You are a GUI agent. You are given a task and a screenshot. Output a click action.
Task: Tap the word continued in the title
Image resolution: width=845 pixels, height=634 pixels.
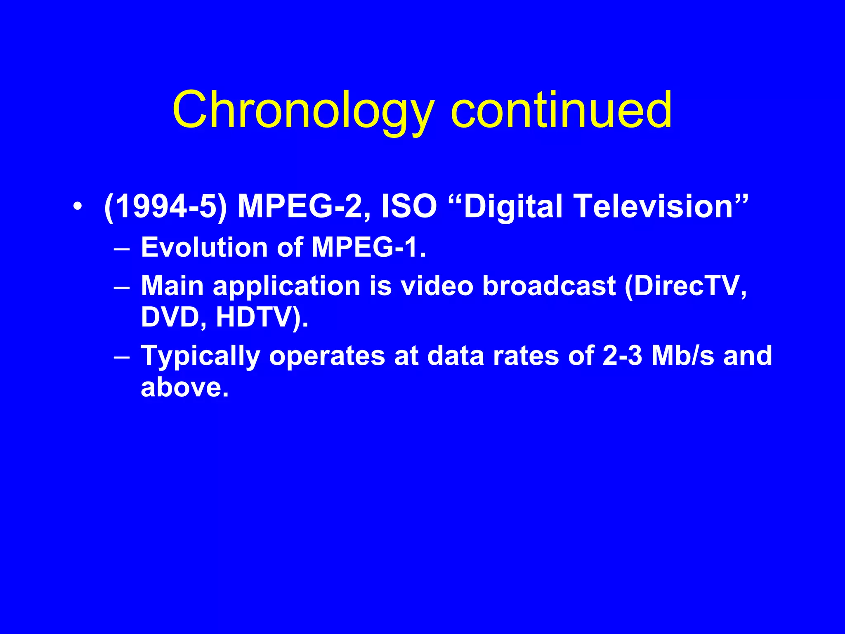coord(562,110)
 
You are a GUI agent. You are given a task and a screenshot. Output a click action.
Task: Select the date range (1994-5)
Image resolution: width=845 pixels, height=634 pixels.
coord(165,206)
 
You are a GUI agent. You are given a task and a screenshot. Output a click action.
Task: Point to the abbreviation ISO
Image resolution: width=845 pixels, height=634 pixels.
coord(409,206)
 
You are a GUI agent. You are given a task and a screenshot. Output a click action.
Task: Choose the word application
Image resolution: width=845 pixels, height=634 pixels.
coord(286,286)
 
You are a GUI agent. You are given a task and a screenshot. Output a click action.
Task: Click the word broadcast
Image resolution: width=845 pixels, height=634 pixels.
coord(549,286)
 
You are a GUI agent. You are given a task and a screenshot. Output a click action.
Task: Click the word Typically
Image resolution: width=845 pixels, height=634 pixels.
coord(201,356)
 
